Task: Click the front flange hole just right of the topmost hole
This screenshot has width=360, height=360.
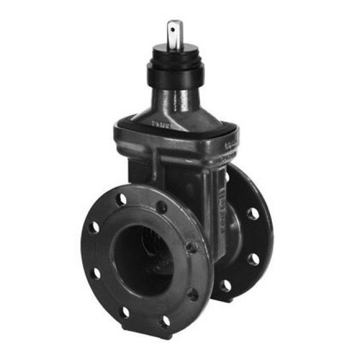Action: [161, 207]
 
